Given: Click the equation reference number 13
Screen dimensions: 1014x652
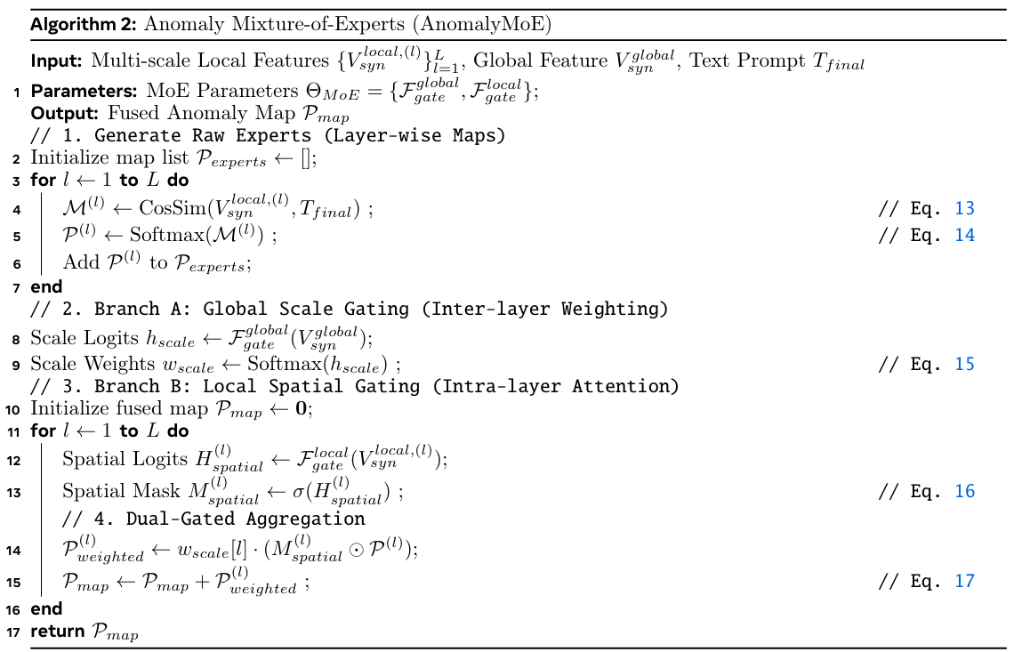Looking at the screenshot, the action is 965,209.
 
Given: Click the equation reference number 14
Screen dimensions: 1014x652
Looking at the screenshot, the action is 965,236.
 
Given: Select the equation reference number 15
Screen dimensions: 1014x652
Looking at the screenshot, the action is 965,364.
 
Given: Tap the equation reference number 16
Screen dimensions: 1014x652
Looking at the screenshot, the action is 965,492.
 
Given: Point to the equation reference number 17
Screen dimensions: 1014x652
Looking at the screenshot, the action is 965,582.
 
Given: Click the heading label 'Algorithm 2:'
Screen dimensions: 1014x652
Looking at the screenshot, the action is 84,25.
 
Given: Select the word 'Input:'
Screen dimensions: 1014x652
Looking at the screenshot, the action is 56,61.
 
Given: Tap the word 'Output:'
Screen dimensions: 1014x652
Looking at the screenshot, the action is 65,114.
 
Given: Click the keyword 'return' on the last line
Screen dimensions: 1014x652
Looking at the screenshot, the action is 58,632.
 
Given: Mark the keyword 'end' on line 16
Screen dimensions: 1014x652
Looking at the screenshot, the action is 46,609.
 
